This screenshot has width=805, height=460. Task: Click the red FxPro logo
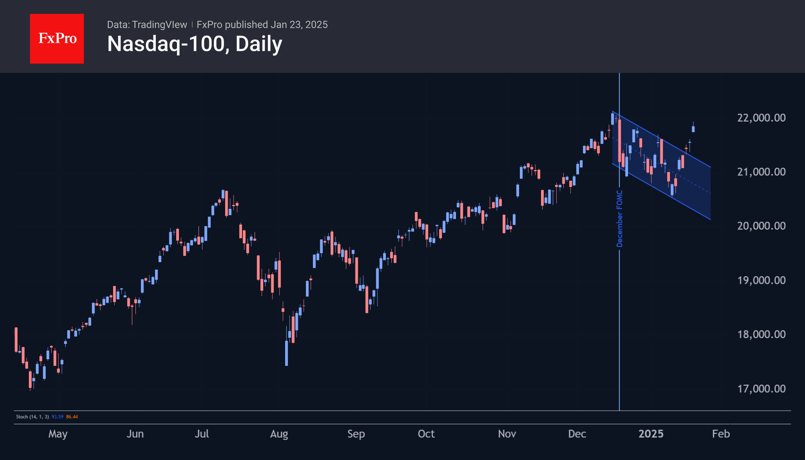[x=57, y=38]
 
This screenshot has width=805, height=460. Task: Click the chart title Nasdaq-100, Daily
[x=194, y=44]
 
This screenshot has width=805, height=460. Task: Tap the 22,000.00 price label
[x=761, y=118]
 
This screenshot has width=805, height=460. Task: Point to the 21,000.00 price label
[x=761, y=172]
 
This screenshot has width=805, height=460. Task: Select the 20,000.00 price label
[x=761, y=226]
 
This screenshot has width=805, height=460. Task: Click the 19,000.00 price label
[x=761, y=280]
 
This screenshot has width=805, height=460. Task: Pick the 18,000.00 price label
[x=761, y=334]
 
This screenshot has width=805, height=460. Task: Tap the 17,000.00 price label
[x=761, y=389]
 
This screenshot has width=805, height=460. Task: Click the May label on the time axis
[x=58, y=434]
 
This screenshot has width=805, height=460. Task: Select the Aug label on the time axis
[x=279, y=434]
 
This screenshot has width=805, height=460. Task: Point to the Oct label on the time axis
[x=426, y=434]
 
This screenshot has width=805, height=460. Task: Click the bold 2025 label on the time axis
[x=651, y=434]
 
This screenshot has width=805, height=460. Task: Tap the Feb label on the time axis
[x=721, y=434]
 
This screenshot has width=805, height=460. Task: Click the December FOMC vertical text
[x=620, y=218]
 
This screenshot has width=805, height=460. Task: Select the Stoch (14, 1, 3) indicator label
[x=32, y=417]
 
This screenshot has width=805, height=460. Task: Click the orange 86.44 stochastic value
[x=72, y=417]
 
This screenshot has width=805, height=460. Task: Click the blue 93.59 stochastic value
[x=57, y=417]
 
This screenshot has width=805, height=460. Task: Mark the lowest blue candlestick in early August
[x=287, y=353]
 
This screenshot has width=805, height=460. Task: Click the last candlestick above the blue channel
[x=693, y=129]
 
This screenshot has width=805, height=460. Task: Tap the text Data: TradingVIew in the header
[x=147, y=25]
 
